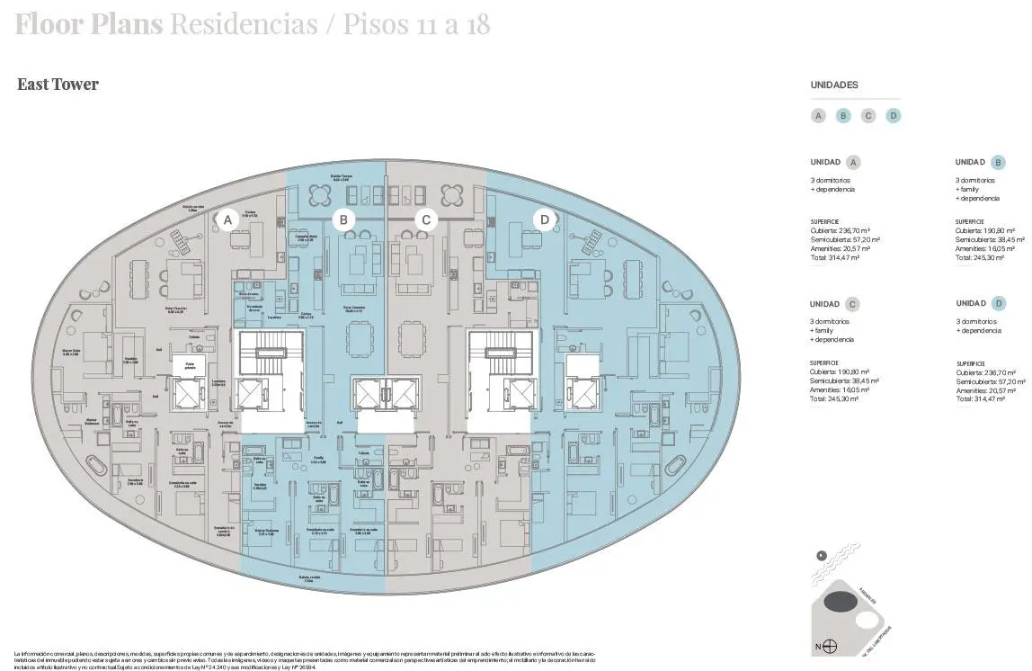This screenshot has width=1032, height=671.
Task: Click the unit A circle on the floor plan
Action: [x=228, y=219]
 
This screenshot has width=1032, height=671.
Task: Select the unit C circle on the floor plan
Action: [x=426, y=219]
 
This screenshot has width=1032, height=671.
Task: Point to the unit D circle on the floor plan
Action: [x=544, y=219]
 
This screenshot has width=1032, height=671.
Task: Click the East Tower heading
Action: [x=58, y=85]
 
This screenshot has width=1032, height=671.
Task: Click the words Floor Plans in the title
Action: [x=88, y=24]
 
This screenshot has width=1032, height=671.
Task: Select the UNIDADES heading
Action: [x=834, y=85]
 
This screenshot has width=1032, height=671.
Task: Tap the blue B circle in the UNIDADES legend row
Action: [x=843, y=115]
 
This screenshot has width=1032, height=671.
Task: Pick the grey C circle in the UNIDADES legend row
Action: [x=868, y=115]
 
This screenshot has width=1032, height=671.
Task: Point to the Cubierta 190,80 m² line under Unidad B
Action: [x=981, y=230]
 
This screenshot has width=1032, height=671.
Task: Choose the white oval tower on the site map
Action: [x=867, y=620]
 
